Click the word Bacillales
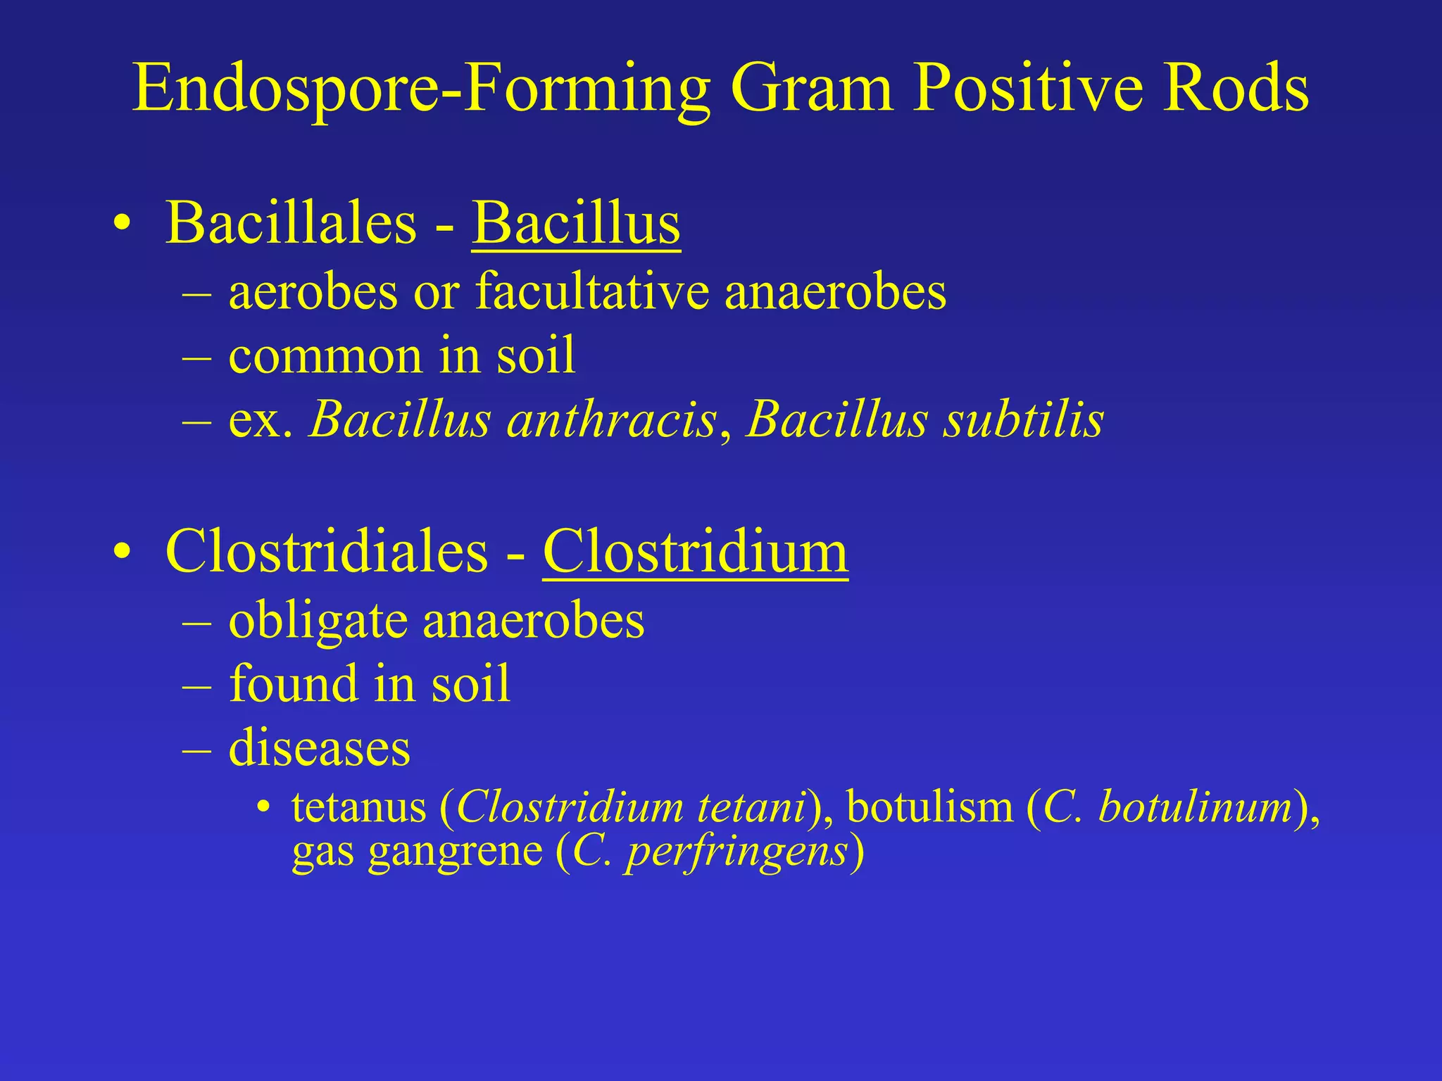(291, 222)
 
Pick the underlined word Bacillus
(576, 222)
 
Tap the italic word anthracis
(611, 420)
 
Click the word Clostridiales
(326, 551)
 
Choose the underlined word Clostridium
(696, 551)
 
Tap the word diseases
(319, 747)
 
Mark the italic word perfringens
(736, 852)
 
